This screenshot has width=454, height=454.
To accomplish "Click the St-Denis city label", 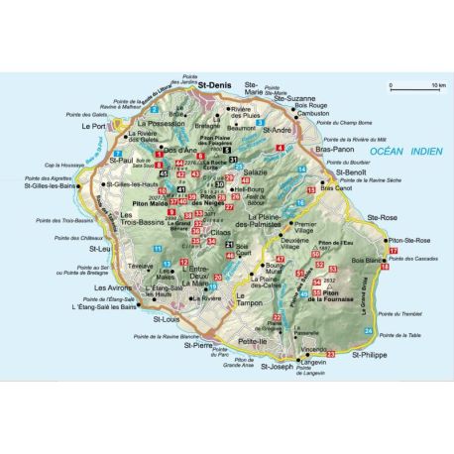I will tap(216, 87).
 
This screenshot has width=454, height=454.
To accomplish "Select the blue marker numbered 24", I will tap(368, 328).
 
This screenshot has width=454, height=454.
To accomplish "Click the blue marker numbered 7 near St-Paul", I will tap(116, 154).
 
